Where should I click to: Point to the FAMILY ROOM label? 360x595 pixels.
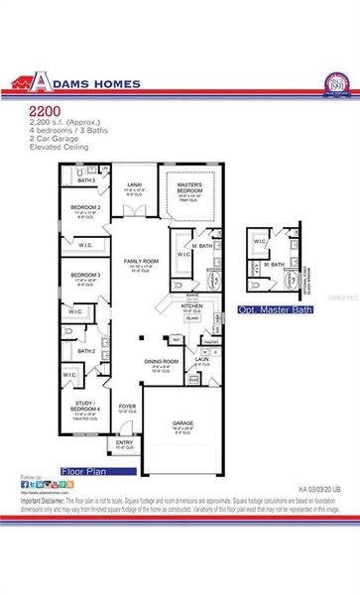(x=142, y=260)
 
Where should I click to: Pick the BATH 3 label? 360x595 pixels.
(x=87, y=180)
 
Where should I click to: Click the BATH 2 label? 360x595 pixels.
(x=86, y=350)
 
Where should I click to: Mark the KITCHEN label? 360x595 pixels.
(x=191, y=306)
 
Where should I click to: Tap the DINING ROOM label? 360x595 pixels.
(x=161, y=361)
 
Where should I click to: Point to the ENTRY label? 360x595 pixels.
(x=123, y=441)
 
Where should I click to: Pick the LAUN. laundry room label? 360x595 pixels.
(x=201, y=359)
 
